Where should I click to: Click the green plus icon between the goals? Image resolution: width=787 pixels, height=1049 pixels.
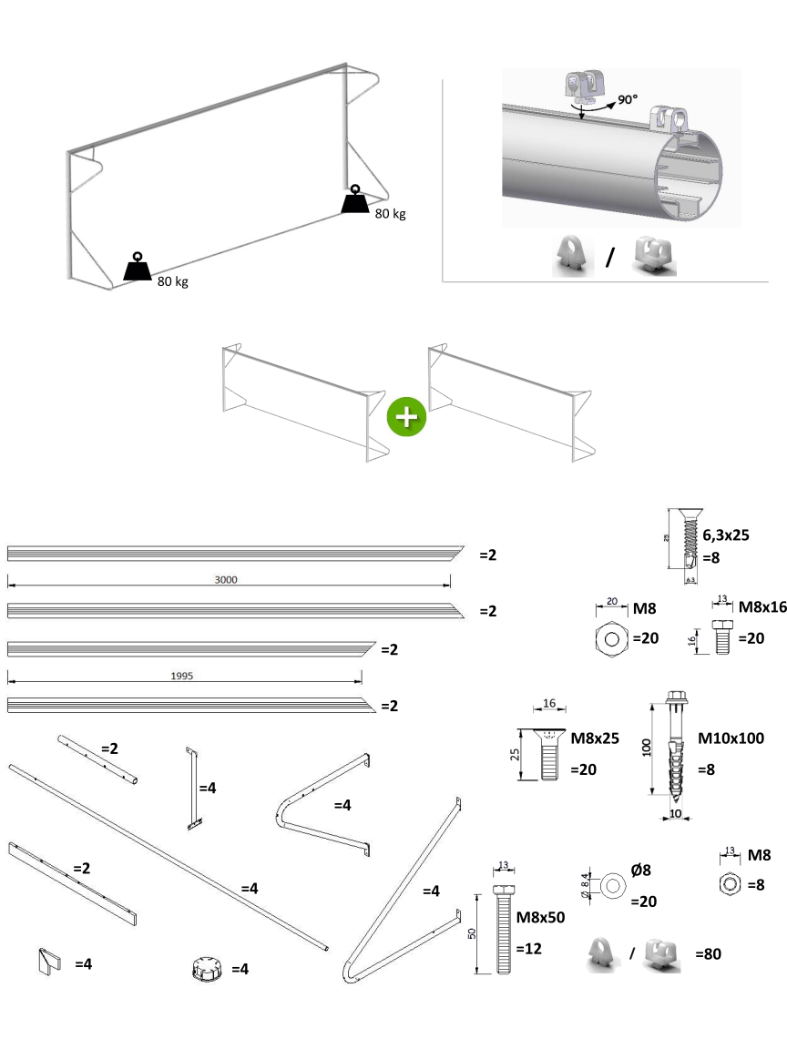pos(406,416)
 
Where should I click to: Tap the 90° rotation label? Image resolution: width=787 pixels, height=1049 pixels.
pos(628,100)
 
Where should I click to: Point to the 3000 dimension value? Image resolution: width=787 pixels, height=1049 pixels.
pos(229,579)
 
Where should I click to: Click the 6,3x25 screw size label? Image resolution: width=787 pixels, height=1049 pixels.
pos(725,535)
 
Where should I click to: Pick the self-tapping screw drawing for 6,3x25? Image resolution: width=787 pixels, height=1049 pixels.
pos(689,544)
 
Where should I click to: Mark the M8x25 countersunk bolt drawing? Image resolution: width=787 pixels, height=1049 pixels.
pos(547,753)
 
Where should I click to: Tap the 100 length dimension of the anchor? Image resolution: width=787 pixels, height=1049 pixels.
pos(645,747)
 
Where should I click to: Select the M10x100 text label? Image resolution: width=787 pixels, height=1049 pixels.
pos(731,738)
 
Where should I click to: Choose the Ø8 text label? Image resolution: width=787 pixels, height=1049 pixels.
pos(640,870)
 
